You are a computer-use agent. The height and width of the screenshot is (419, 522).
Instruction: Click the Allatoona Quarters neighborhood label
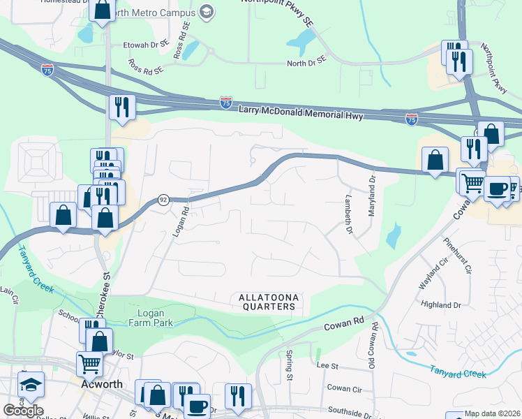point(269,302)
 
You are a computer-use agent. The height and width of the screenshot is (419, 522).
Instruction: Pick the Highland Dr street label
point(442,305)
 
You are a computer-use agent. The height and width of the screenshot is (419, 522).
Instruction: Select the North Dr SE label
point(306,63)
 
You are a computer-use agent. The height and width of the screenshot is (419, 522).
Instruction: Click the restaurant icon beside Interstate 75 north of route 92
point(122,107)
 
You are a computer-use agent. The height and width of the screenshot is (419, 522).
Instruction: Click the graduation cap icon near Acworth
point(31,385)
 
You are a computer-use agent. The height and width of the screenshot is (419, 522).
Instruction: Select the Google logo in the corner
point(22,410)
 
